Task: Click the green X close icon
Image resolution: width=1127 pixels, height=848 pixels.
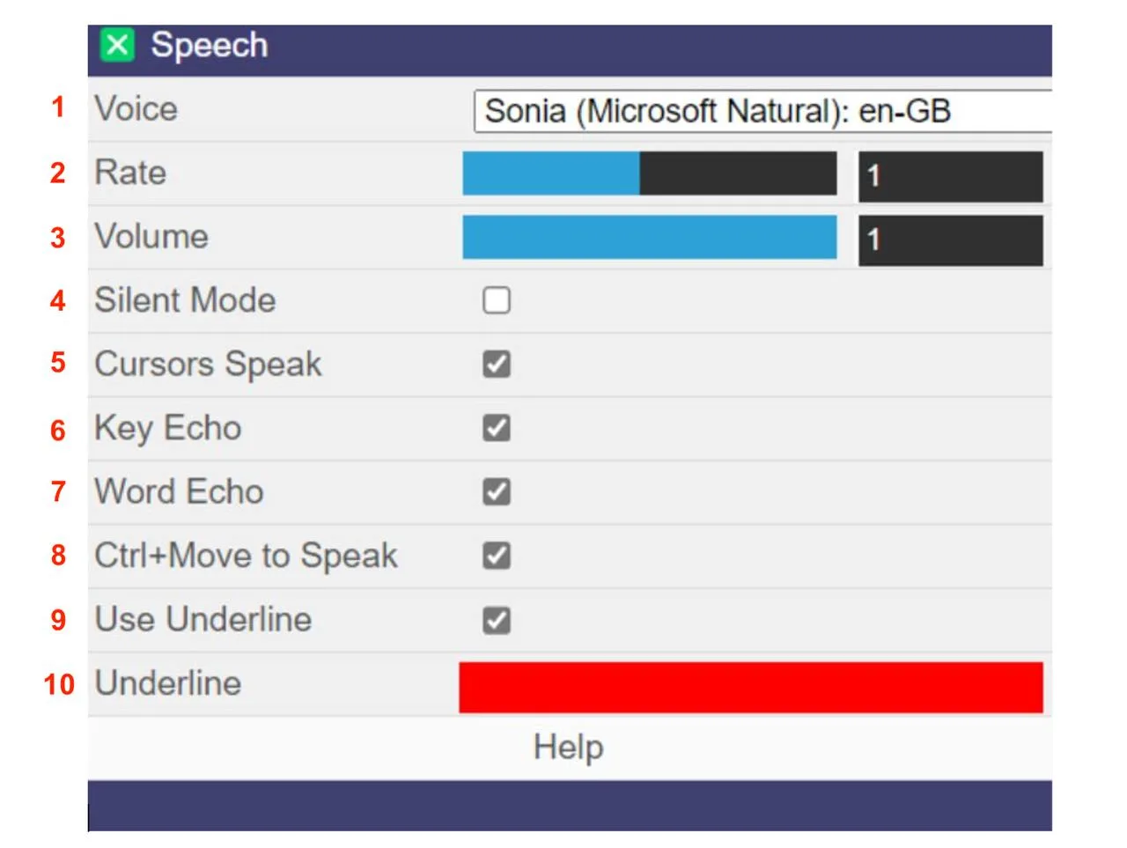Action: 117,45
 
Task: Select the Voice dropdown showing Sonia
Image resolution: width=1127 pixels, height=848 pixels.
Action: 762,112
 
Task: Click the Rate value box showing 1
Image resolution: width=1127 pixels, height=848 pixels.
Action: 950,176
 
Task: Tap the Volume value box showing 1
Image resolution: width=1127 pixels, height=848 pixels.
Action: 950,240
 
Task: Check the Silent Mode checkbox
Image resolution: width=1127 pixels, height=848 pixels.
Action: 497,300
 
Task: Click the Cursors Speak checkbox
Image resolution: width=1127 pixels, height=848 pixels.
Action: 497,364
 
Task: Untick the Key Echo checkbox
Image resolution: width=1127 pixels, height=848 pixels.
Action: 497,428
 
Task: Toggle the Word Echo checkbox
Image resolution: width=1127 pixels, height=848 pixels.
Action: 497,491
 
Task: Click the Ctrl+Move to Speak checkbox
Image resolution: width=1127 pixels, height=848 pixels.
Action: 497,556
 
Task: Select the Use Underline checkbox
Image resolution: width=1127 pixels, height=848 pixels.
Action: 497,620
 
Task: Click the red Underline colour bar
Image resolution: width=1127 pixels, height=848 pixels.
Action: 750,687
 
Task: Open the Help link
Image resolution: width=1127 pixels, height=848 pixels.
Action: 569,748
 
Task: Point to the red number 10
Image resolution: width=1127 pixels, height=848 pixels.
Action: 59,684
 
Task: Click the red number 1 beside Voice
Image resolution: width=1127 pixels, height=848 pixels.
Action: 58,107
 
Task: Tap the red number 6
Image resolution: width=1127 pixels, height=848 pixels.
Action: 58,430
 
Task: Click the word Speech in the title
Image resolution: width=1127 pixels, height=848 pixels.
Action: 209,45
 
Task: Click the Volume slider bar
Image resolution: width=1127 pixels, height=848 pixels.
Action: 649,238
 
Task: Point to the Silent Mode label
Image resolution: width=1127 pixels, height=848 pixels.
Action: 185,300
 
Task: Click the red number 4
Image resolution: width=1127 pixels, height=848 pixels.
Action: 58,301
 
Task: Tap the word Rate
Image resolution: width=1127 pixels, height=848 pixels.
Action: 130,173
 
